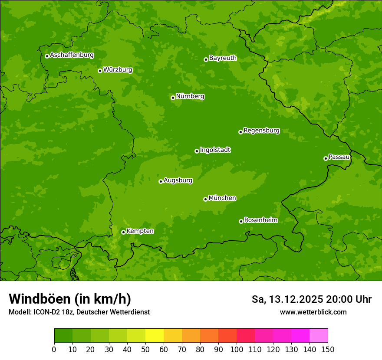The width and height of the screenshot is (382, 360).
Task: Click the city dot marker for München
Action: coord(205,199)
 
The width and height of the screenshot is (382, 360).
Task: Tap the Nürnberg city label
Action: coord(190,96)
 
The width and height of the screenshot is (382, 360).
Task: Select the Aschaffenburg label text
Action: coord(72,55)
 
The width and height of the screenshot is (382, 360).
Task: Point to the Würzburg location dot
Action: coord(100,71)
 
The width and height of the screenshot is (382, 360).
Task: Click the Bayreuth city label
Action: coord(223,58)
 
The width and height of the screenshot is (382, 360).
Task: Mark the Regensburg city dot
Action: coord(240,132)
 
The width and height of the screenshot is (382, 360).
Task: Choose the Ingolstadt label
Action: coord(215,150)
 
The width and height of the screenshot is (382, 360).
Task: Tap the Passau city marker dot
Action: coord(326,158)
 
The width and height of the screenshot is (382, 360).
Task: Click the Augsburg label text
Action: coord(178,180)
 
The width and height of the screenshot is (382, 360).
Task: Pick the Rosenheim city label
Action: coord(260,220)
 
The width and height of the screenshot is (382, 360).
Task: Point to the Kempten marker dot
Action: coord(123,232)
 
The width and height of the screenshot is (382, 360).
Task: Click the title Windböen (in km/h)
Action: coord(69,299)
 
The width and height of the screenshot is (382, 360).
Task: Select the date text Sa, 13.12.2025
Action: coord(287,299)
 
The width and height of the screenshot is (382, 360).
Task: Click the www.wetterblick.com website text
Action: coord(313,312)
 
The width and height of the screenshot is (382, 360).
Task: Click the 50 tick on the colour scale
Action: coord(145,349)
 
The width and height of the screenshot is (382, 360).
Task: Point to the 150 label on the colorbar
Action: coord(328,349)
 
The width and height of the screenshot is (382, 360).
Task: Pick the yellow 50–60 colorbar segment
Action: coord(155,336)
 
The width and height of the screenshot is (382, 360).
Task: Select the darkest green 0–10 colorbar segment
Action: coord(63,336)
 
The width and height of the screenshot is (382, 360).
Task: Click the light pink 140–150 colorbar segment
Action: coord(319,336)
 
